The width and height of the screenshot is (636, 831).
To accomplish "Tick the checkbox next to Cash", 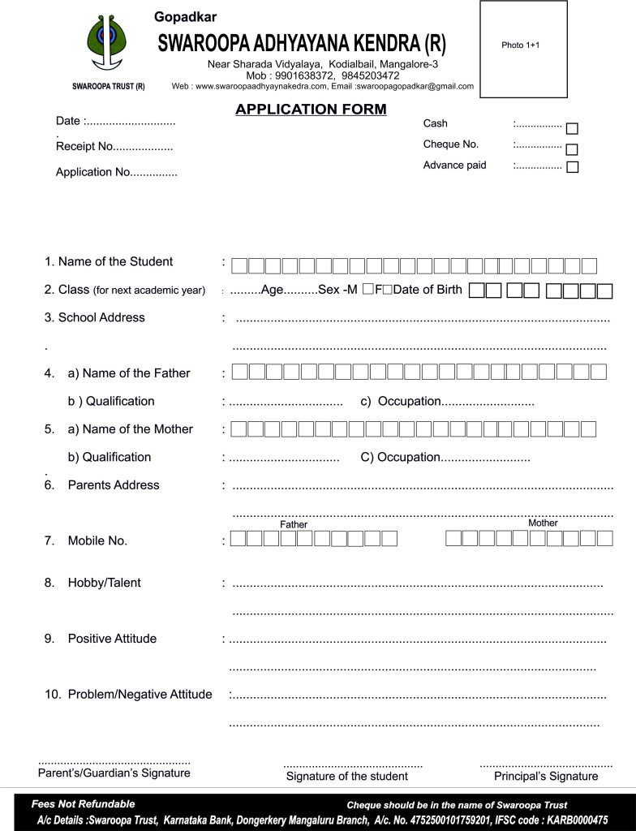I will coord(572,128).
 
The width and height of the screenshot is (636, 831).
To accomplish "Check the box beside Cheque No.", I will coord(572,149).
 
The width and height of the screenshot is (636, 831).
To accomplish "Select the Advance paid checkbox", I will coord(572,167).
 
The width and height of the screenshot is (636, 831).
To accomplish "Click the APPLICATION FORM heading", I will coord(311,110).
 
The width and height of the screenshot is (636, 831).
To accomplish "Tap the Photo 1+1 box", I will coord(523,49).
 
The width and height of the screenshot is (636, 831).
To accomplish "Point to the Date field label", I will coord(68,121).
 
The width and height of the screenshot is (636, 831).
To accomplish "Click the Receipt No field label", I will coord(84,147).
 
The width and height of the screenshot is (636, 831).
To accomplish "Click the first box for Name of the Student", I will coord(239,265).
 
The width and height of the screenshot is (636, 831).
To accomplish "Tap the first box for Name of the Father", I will coord(239,372).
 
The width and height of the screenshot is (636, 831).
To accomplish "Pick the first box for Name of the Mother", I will coord(238,428).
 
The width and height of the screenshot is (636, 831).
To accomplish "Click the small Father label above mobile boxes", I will coord(294,524).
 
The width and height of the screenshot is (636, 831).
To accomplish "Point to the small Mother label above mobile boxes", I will coord(543,523).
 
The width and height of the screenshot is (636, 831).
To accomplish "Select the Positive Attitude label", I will coord(112,639).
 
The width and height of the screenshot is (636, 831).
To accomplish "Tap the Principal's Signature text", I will coord(546,776).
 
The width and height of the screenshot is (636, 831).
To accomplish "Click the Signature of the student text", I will coord(347,776).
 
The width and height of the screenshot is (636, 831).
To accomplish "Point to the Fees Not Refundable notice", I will coord(84,803).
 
